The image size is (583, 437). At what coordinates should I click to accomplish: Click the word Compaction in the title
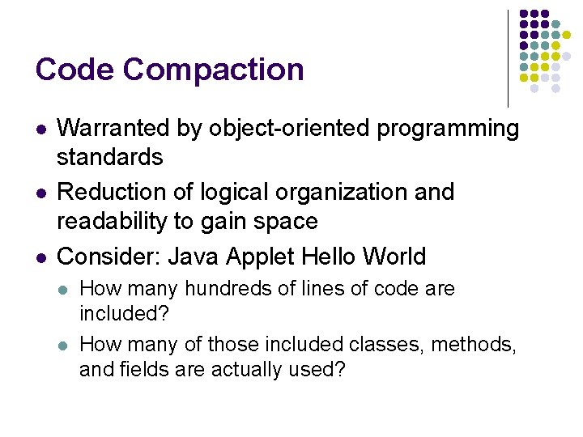pos(213,70)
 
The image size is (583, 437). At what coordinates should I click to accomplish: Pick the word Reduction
pos(113,192)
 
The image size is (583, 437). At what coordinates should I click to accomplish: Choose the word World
pos(394,257)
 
